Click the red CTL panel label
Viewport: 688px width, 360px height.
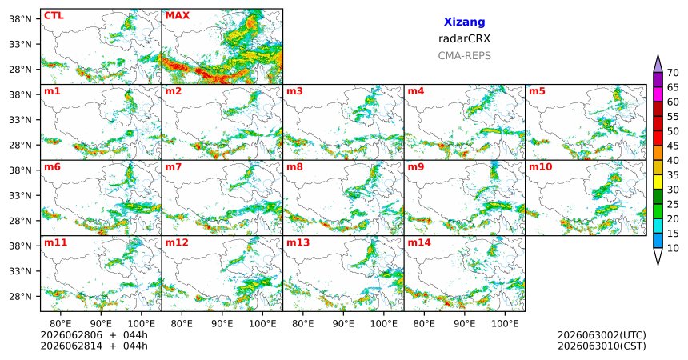[54, 16]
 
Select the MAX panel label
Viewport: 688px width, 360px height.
[178, 16]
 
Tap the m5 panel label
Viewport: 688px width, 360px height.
[537, 91]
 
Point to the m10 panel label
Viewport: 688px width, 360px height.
[541, 167]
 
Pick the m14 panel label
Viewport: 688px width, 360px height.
[419, 242]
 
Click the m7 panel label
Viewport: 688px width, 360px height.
[174, 167]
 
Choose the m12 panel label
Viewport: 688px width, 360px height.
[177, 242]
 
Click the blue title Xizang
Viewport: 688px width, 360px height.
[464, 22]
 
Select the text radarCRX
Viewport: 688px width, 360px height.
[464, 38]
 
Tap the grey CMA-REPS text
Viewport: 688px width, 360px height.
[464, 56]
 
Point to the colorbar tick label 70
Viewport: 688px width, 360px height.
[673, 73]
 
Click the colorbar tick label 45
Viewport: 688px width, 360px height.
[673, 146]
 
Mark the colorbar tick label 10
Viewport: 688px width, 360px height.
[673, 248]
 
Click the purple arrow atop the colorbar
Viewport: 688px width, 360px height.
[658, 64]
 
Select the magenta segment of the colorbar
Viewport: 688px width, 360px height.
[658, 94]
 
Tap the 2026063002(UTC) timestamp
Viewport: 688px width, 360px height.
[602, 335]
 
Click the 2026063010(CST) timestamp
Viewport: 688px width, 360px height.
[602, 346]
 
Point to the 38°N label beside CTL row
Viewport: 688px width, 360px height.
[20, 19]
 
